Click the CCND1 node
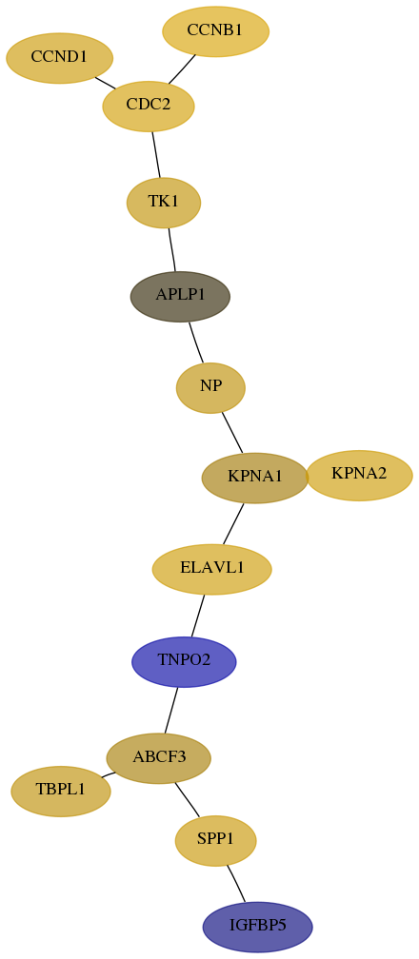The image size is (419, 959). click(x=59, y=58)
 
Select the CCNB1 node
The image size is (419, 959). click(x=215, y=31)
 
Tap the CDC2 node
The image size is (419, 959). click(x=149, y=106)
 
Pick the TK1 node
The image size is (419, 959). click(x=164, y=203)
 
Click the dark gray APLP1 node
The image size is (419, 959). click(x=180, y=296)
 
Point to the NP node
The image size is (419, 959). click(x=210, y=388)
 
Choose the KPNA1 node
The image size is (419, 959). click(x=255, y=478)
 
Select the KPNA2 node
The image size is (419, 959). click(x=360, y=476)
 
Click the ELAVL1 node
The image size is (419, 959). click(x=212, y=569)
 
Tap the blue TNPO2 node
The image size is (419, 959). click(x=184, y=662)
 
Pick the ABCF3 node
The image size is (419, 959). click(x=159, y=758)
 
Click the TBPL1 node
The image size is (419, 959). click(x=61, y=791)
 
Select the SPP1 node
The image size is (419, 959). click(x=215, y=841)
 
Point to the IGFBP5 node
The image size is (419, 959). click(x=258, y=927)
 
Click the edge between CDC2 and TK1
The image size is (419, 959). click(x=156, y=154)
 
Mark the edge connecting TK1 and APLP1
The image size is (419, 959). click(x=172, y=249)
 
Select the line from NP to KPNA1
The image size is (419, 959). click(x=232, y=433)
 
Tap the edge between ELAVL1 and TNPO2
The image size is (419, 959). click(x=198, y=616)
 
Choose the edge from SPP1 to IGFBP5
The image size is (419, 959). click(x=236, y=883)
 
